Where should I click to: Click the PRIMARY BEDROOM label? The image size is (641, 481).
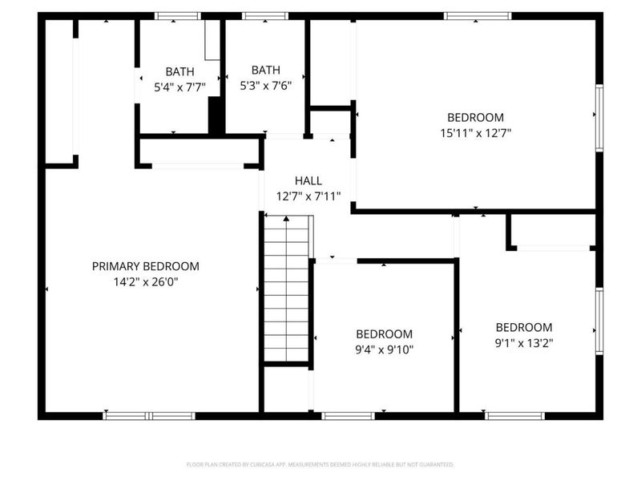(x=145, y=266)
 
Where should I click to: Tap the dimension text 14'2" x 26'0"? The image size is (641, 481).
(x=145, y=281)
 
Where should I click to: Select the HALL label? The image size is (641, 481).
(x=308, y=181)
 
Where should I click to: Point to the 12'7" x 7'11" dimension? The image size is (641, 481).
(x=308, y=196)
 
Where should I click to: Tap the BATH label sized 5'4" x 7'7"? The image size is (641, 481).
(x=179, y=71)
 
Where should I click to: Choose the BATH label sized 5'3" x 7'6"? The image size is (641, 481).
(x=265, y=71)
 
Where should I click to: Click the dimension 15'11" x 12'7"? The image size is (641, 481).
(x=475, y=132)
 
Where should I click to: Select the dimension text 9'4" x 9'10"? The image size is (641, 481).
(x=384, y=349)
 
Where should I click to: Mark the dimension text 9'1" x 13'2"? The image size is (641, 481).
(x=524, y=342)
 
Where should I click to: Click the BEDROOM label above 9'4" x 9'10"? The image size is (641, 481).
(x=384, y=334)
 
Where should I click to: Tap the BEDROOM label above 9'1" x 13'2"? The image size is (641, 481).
(x=524, y=327)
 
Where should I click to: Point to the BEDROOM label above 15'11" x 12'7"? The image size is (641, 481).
(x=475, y=117)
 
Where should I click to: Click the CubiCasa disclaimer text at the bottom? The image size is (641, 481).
(x=320, y=464)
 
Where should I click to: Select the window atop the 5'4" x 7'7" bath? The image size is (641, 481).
(x=177, y=15)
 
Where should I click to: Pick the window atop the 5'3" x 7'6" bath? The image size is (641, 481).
(x=264, y=15)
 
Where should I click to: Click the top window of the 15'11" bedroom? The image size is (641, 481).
(x=478, y=15)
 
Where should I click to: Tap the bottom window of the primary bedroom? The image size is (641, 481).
(x=149, y=415)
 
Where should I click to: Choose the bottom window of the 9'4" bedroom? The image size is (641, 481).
(x=348, y=415)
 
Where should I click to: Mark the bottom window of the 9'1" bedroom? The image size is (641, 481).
(x=514, y=415)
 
